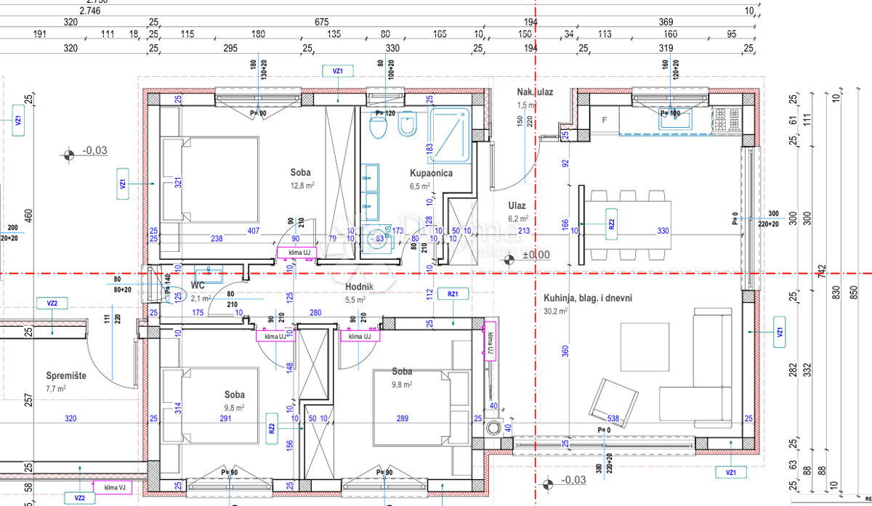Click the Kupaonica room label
tap(431, 174)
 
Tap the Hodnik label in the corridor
tap(359, 287)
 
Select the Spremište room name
tap(66, 376)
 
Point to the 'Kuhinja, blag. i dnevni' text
tap(587, 298)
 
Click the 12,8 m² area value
tap(301, 185)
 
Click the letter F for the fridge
tap(604, 119)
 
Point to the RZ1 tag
tap(453, 294)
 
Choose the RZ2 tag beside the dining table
tap(611, 224)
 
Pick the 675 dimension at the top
tap(322, 23)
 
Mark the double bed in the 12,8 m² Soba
tap(211, 179)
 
